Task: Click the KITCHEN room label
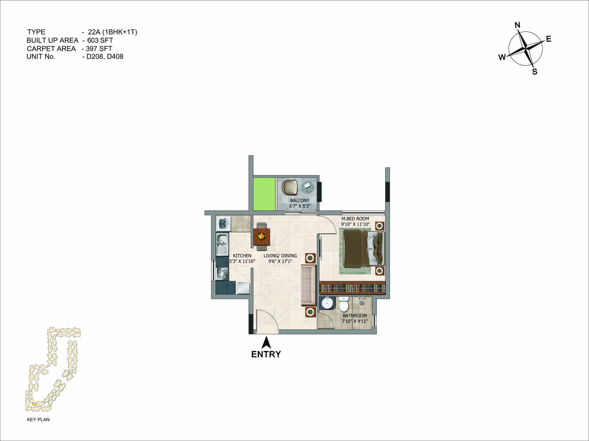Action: (x=242, y=255)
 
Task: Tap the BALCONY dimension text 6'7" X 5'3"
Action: (x=299, y=206)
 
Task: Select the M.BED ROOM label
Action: (x=355, y=219)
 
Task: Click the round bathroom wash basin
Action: (x=327, y=304)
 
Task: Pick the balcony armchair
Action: (x=289, y=187)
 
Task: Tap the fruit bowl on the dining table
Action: (x=261, y=236)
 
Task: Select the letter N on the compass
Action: (x=517, y=25)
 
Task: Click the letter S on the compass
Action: (x=534, y=72)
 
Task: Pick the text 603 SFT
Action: (x=100, y=40)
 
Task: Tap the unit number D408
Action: (x=115, y=57)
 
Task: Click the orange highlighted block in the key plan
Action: (x=34, y=404)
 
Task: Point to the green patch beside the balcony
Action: (x=264, y=193)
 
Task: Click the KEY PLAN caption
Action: (x=38, y=419)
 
